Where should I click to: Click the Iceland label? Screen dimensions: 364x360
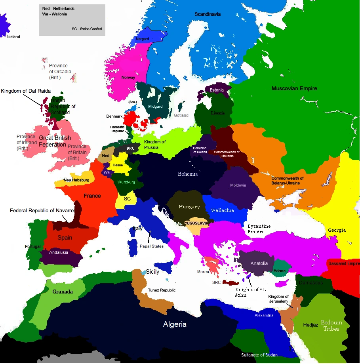pyautogui.click(x=13, y=37)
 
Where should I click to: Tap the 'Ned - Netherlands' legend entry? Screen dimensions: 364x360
pyautogui.click(x=58, y=8)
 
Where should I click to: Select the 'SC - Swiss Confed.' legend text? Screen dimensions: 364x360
pyautogui.click(x=87, y=29)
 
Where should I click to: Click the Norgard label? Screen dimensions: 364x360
pyautogui.click(x=143, y=39)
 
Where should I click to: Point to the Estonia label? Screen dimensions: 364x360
pyautogui.click(x=217, y=90)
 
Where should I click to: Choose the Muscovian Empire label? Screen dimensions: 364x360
pyautogui.click(x=294, y=88)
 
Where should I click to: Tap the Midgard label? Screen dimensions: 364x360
pyautogui.click(x=155, y=107)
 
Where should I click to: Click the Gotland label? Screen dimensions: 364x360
pyautogui.click(x=181, y=115)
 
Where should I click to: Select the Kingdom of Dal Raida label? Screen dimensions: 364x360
pyautogui.click(x=26, y=91)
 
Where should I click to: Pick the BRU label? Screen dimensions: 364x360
pyautogui.click(x=131, y=148)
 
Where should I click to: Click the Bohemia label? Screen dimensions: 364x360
pyautogui.click(x=187, y=174)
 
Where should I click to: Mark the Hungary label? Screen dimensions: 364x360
pyautogui.click(x=189, y=207)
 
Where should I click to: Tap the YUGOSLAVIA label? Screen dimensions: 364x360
pyautogui.click(x=196, y=223)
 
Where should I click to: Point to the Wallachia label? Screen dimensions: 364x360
pyautogui.click(x=222, y=210)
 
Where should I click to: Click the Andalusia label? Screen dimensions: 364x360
pyautogui.click(x=59, y=252)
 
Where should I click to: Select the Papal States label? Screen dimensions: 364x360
pyautogui.click(x=152, y=246)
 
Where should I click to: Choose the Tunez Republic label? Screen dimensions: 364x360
pyautogui.click(x=162, y=290)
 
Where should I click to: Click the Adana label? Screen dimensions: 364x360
pyautogui.click(x=280, y=271)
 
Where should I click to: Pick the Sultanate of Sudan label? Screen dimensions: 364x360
pyautogui.click(x=259, y=354)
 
